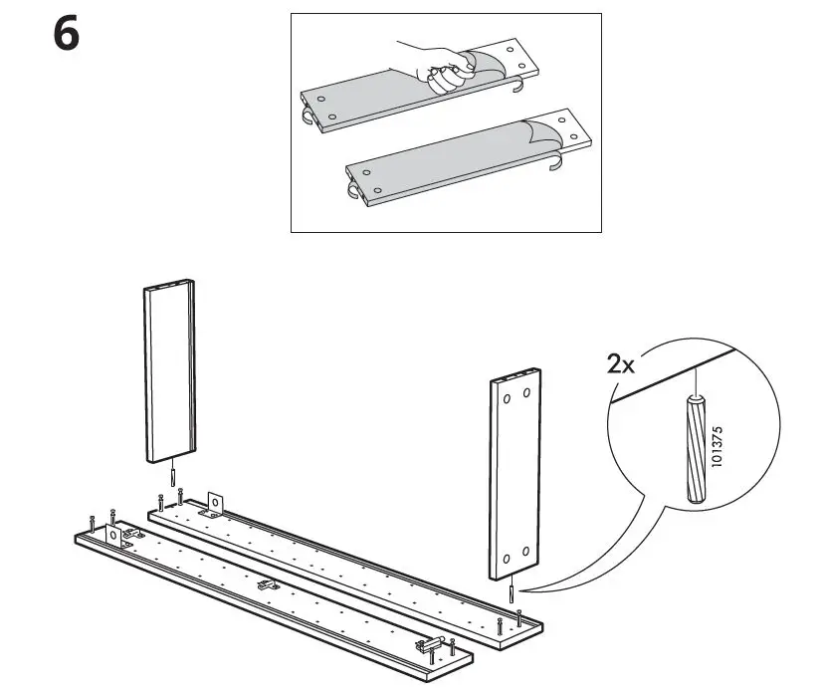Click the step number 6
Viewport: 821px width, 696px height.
tap(65, 37)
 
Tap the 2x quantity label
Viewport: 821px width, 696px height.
tap(621, 364)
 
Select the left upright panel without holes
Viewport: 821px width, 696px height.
tap(169, 373)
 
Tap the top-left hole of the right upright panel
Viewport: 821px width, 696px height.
tap(508, 396)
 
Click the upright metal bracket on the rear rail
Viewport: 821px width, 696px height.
tap(214, 503)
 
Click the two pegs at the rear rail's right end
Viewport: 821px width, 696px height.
tap(513, 624)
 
